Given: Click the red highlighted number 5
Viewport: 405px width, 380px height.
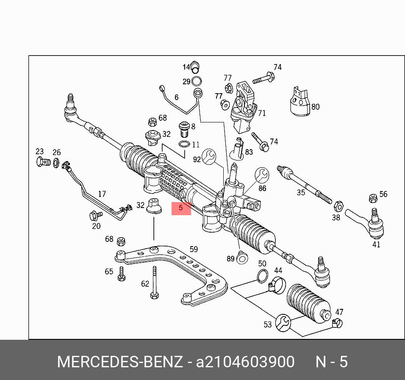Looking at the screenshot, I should coord(181,208).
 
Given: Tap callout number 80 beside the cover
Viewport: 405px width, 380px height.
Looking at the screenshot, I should coord(315,107).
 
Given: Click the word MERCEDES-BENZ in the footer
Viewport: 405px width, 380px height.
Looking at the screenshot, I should coord(120,362).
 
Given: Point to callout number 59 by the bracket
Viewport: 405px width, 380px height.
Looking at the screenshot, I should coord(194,249).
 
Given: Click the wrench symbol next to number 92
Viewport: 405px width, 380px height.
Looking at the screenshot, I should coord(209,156).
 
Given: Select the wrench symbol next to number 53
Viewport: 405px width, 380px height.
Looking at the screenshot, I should coord(283,322).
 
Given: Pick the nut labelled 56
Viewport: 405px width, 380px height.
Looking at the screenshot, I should coord(373,198).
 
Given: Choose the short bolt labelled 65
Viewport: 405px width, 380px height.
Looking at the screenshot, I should coord(121,274).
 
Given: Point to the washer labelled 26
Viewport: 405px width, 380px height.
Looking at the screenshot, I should coord(56,162).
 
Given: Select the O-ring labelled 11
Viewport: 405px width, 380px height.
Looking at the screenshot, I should coord(184,145).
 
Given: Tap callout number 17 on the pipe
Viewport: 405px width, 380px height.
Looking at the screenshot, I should coord(102,194).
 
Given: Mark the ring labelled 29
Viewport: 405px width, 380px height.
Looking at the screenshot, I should coord(197,81).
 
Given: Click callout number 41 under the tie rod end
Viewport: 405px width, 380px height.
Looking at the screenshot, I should coord(376,244).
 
